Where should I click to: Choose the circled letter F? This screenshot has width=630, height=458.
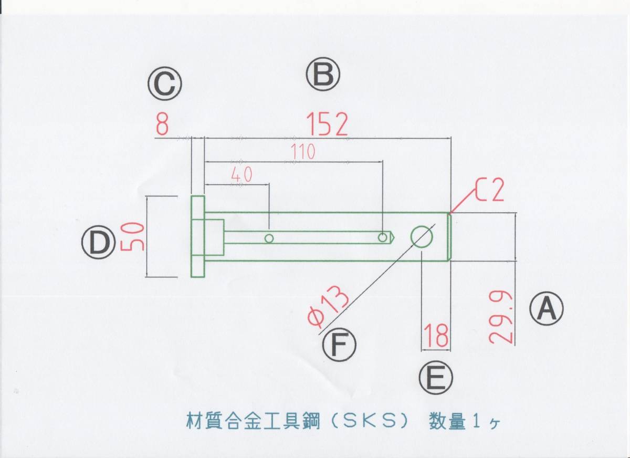pyautogui.click(x=339, y=345)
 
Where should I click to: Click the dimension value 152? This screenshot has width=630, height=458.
pyautogui.click(x=328, y=125)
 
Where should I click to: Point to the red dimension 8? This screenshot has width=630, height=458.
pyautogui.click(x=163, y=126)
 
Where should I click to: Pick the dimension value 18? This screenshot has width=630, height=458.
pyautogui.click(x=436, y=336)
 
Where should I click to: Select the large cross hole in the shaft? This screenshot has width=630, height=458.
pyautogui.click(x=422, y=237)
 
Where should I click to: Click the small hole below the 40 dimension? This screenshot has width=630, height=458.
pyautogui.click(x=269, y=238)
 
